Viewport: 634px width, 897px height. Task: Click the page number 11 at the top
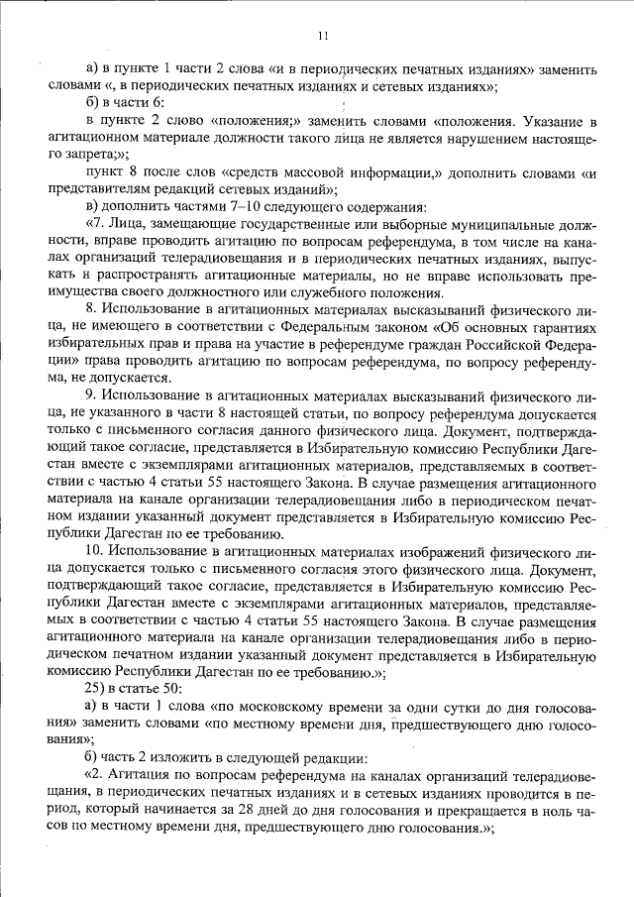coord(323,37)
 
